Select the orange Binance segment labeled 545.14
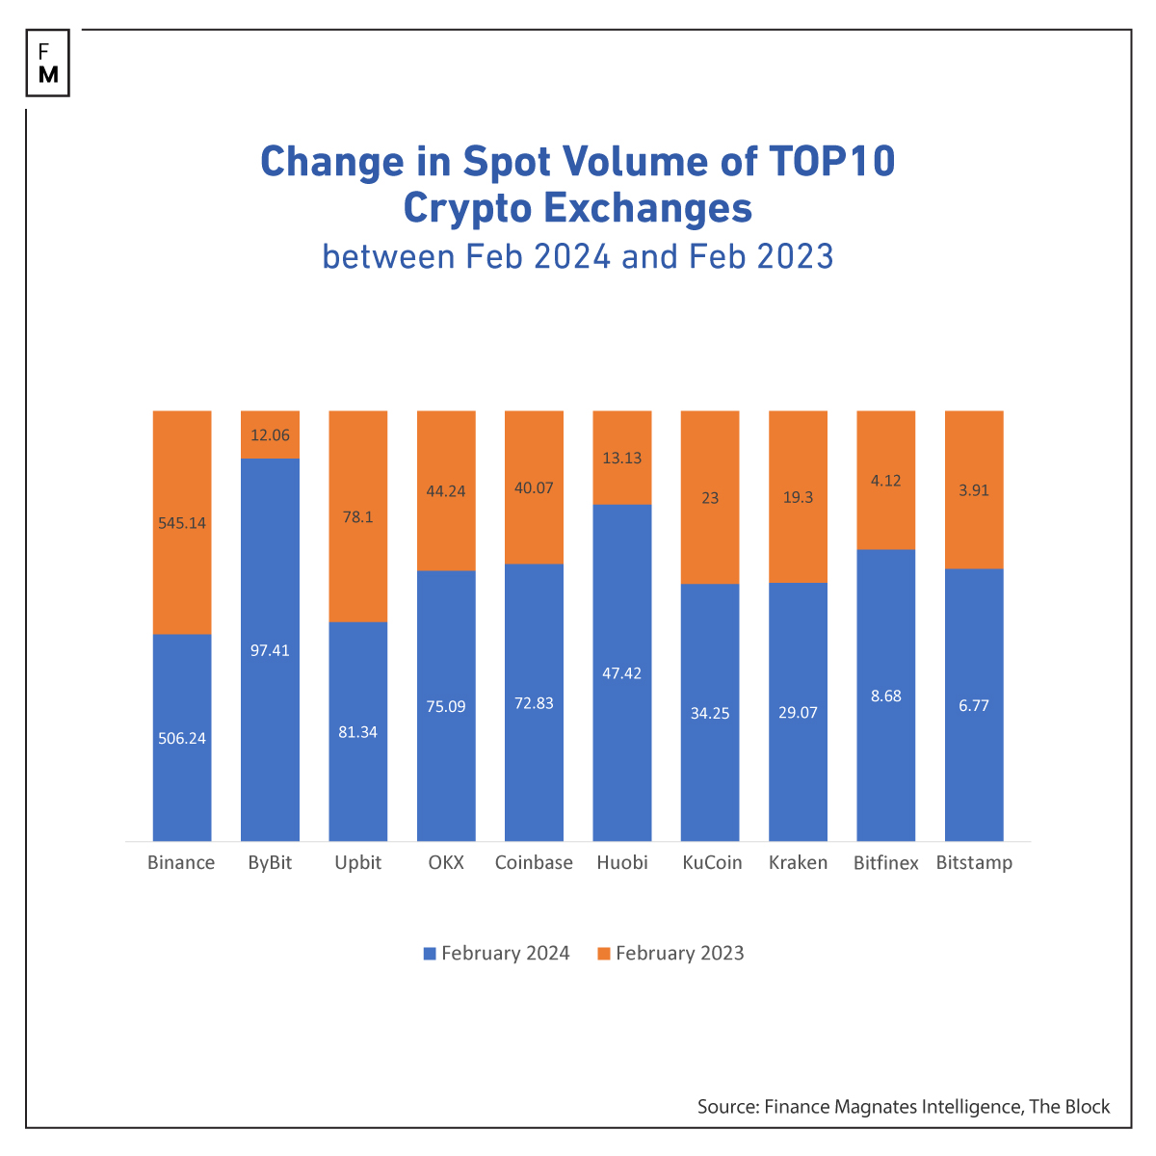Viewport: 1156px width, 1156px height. (x=182, y=523)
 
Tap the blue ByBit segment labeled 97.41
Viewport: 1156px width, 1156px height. (x=270, y=650)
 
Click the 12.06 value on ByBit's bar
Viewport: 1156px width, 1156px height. (x=270, y=435)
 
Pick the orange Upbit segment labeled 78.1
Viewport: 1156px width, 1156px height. (x=358, y=517)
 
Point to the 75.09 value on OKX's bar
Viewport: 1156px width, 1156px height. (x=446, y=706)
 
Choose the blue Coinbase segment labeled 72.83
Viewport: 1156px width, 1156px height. (x=534, y=703)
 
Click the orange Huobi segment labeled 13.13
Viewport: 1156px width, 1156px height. (x=622, y=459)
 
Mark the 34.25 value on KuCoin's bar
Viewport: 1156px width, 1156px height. (x=710, y=714)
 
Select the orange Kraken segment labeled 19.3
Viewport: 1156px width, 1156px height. (x=798, y=498)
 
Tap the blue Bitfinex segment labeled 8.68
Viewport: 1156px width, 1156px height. (x=885, y=696)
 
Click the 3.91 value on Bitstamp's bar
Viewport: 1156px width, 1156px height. (x=974, y=490)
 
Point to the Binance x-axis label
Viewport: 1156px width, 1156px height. (x=181, y=863)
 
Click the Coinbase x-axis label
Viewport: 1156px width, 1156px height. (x=534, y=863)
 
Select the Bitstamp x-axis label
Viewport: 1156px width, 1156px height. (x=974, y=863)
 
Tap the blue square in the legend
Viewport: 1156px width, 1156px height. (x=430, y=954)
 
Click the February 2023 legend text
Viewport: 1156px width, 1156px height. (x=680, y=954)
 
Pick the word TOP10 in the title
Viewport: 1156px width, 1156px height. (x=832, y=162)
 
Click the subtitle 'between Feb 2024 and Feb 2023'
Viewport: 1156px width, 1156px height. (x=578, y=257)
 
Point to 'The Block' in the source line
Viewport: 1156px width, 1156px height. (x=1069, y=1107)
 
